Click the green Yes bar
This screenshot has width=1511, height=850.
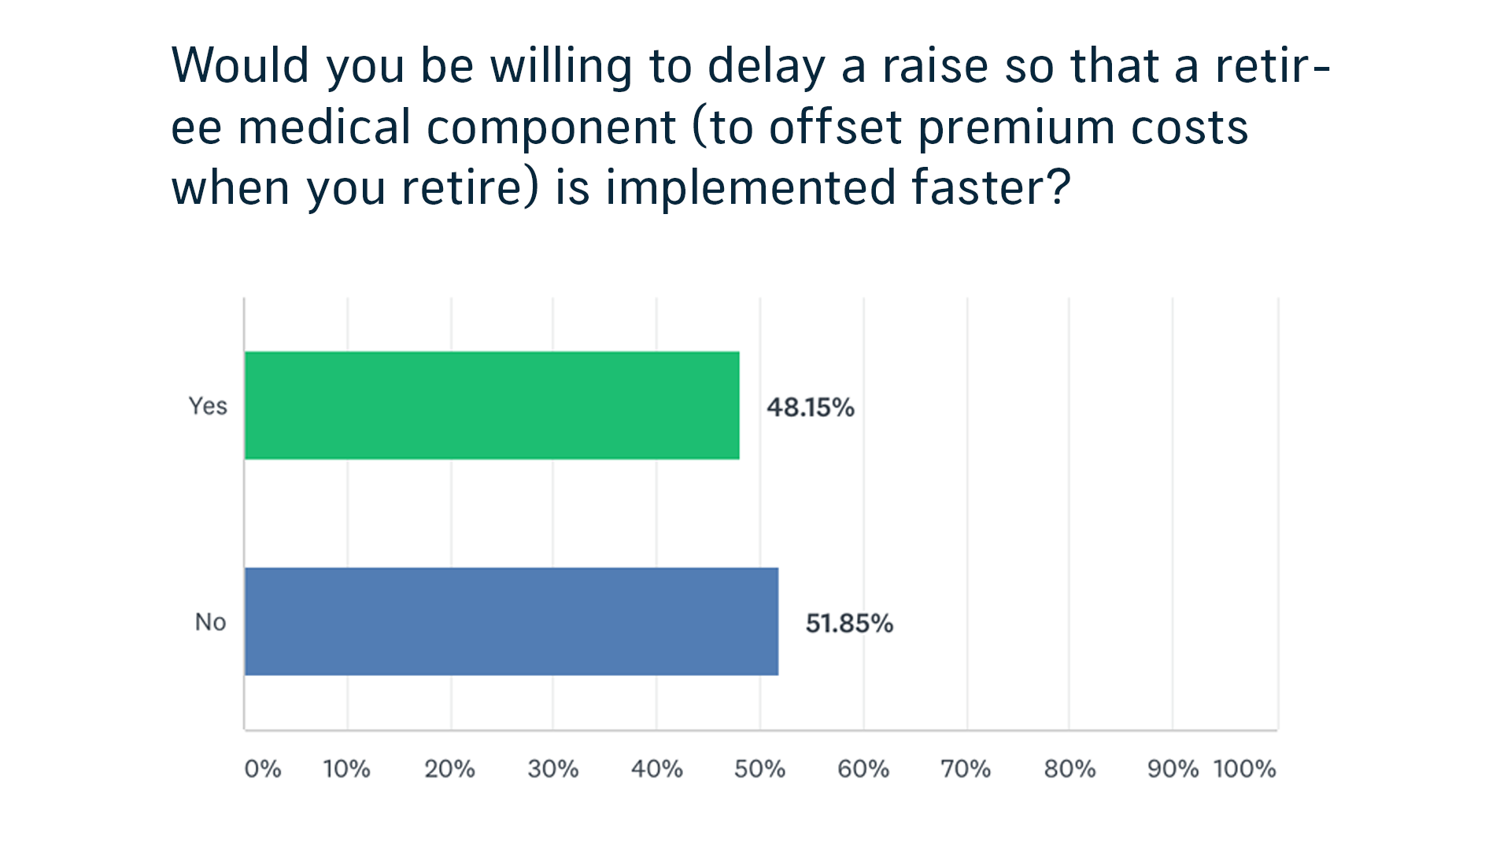point(492,405)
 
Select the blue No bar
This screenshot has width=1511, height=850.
point(512,622)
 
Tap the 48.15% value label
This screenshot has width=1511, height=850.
point(811,407)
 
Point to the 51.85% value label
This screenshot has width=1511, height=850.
point(849,623)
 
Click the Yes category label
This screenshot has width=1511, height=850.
point(208,406)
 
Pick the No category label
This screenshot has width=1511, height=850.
point(210,622)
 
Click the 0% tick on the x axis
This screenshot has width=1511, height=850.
point(263,769)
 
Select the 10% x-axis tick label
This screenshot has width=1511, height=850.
point(346,769)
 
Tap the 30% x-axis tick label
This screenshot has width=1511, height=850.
point(553,769)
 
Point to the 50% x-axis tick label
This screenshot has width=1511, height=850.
point(759,769)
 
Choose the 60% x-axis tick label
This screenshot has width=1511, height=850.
point(863,769)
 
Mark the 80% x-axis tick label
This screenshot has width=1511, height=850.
point(1070,769)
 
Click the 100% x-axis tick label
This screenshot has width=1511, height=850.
point(1245,769)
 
